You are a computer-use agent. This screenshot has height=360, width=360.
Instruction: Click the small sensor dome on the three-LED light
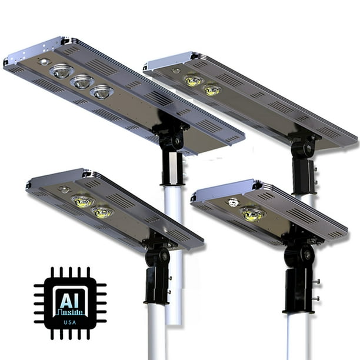tap(43, 61)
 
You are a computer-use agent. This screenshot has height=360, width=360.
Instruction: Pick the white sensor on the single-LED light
tap(234, 202)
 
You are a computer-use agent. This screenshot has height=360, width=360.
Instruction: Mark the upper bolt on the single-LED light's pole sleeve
tap(316, 281)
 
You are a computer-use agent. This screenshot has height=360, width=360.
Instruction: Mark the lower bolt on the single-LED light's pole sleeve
tap(316, 298)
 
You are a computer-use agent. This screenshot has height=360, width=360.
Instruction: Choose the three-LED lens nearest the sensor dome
tap(61, 72)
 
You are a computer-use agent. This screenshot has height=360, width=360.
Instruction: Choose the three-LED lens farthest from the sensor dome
tap(102, 91)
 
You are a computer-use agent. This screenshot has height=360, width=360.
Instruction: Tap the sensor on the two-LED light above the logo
tap(64, 190)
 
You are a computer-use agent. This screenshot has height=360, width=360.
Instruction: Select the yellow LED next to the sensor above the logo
tap(83, 201)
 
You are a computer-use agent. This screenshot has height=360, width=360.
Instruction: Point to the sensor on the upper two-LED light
tap(176, 71)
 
